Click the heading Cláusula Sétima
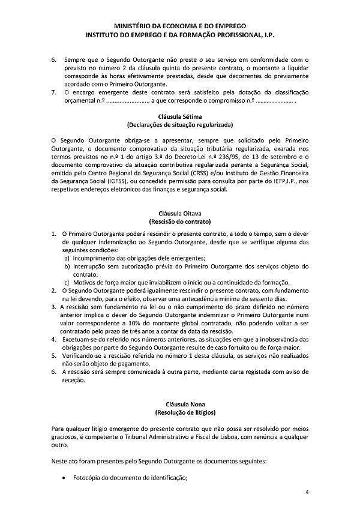tap(179, 116)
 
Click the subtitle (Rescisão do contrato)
tap(179, 221)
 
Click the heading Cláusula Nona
tap(179, 405)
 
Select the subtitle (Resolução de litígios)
tap(179, 413)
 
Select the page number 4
tap(307, 492)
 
